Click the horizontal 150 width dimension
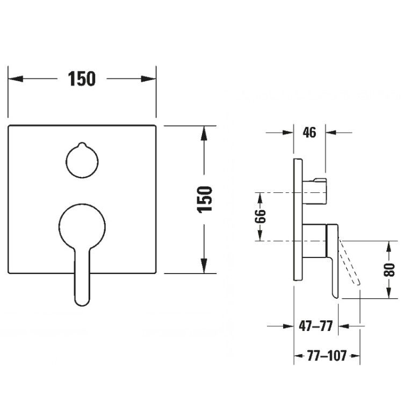pos(82,78)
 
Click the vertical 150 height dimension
pos(205,199)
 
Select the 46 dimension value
pos(309,133)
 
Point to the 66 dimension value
pos(260,217)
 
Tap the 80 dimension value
pos(389,270)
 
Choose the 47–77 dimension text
pos(315,326)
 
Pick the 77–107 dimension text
pos(327,356)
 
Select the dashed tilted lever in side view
pos(350,262)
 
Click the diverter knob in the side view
pos(314,191)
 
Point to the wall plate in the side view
pos(298,220)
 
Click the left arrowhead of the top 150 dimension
pos(16,78)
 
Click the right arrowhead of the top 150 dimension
pos(148,78)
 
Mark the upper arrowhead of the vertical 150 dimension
pos(204,133)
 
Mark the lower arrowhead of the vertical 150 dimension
pos(204,266)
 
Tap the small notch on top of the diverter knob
pos(82,145)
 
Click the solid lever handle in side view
pos(333,260)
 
